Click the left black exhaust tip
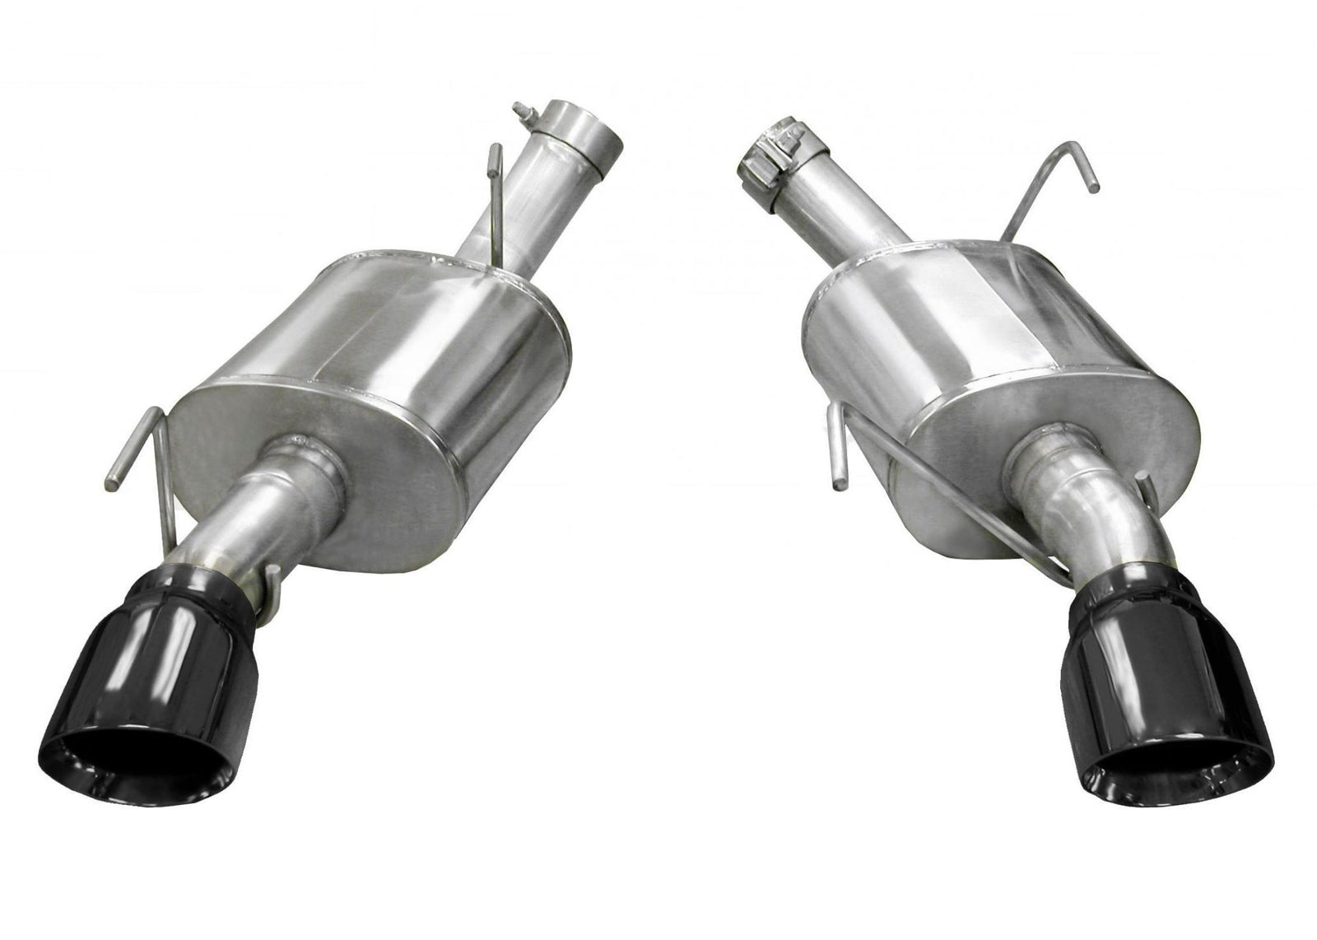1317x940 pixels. tap(156, 650)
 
